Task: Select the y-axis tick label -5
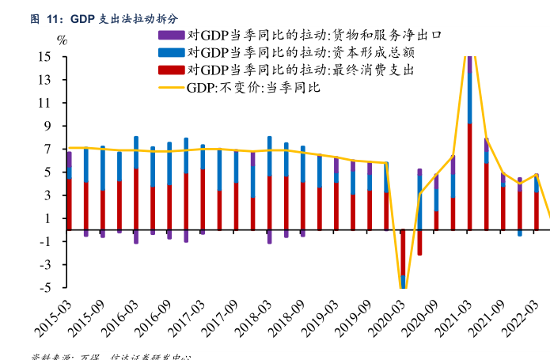click(45, 287)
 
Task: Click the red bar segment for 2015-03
click(70, 204)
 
